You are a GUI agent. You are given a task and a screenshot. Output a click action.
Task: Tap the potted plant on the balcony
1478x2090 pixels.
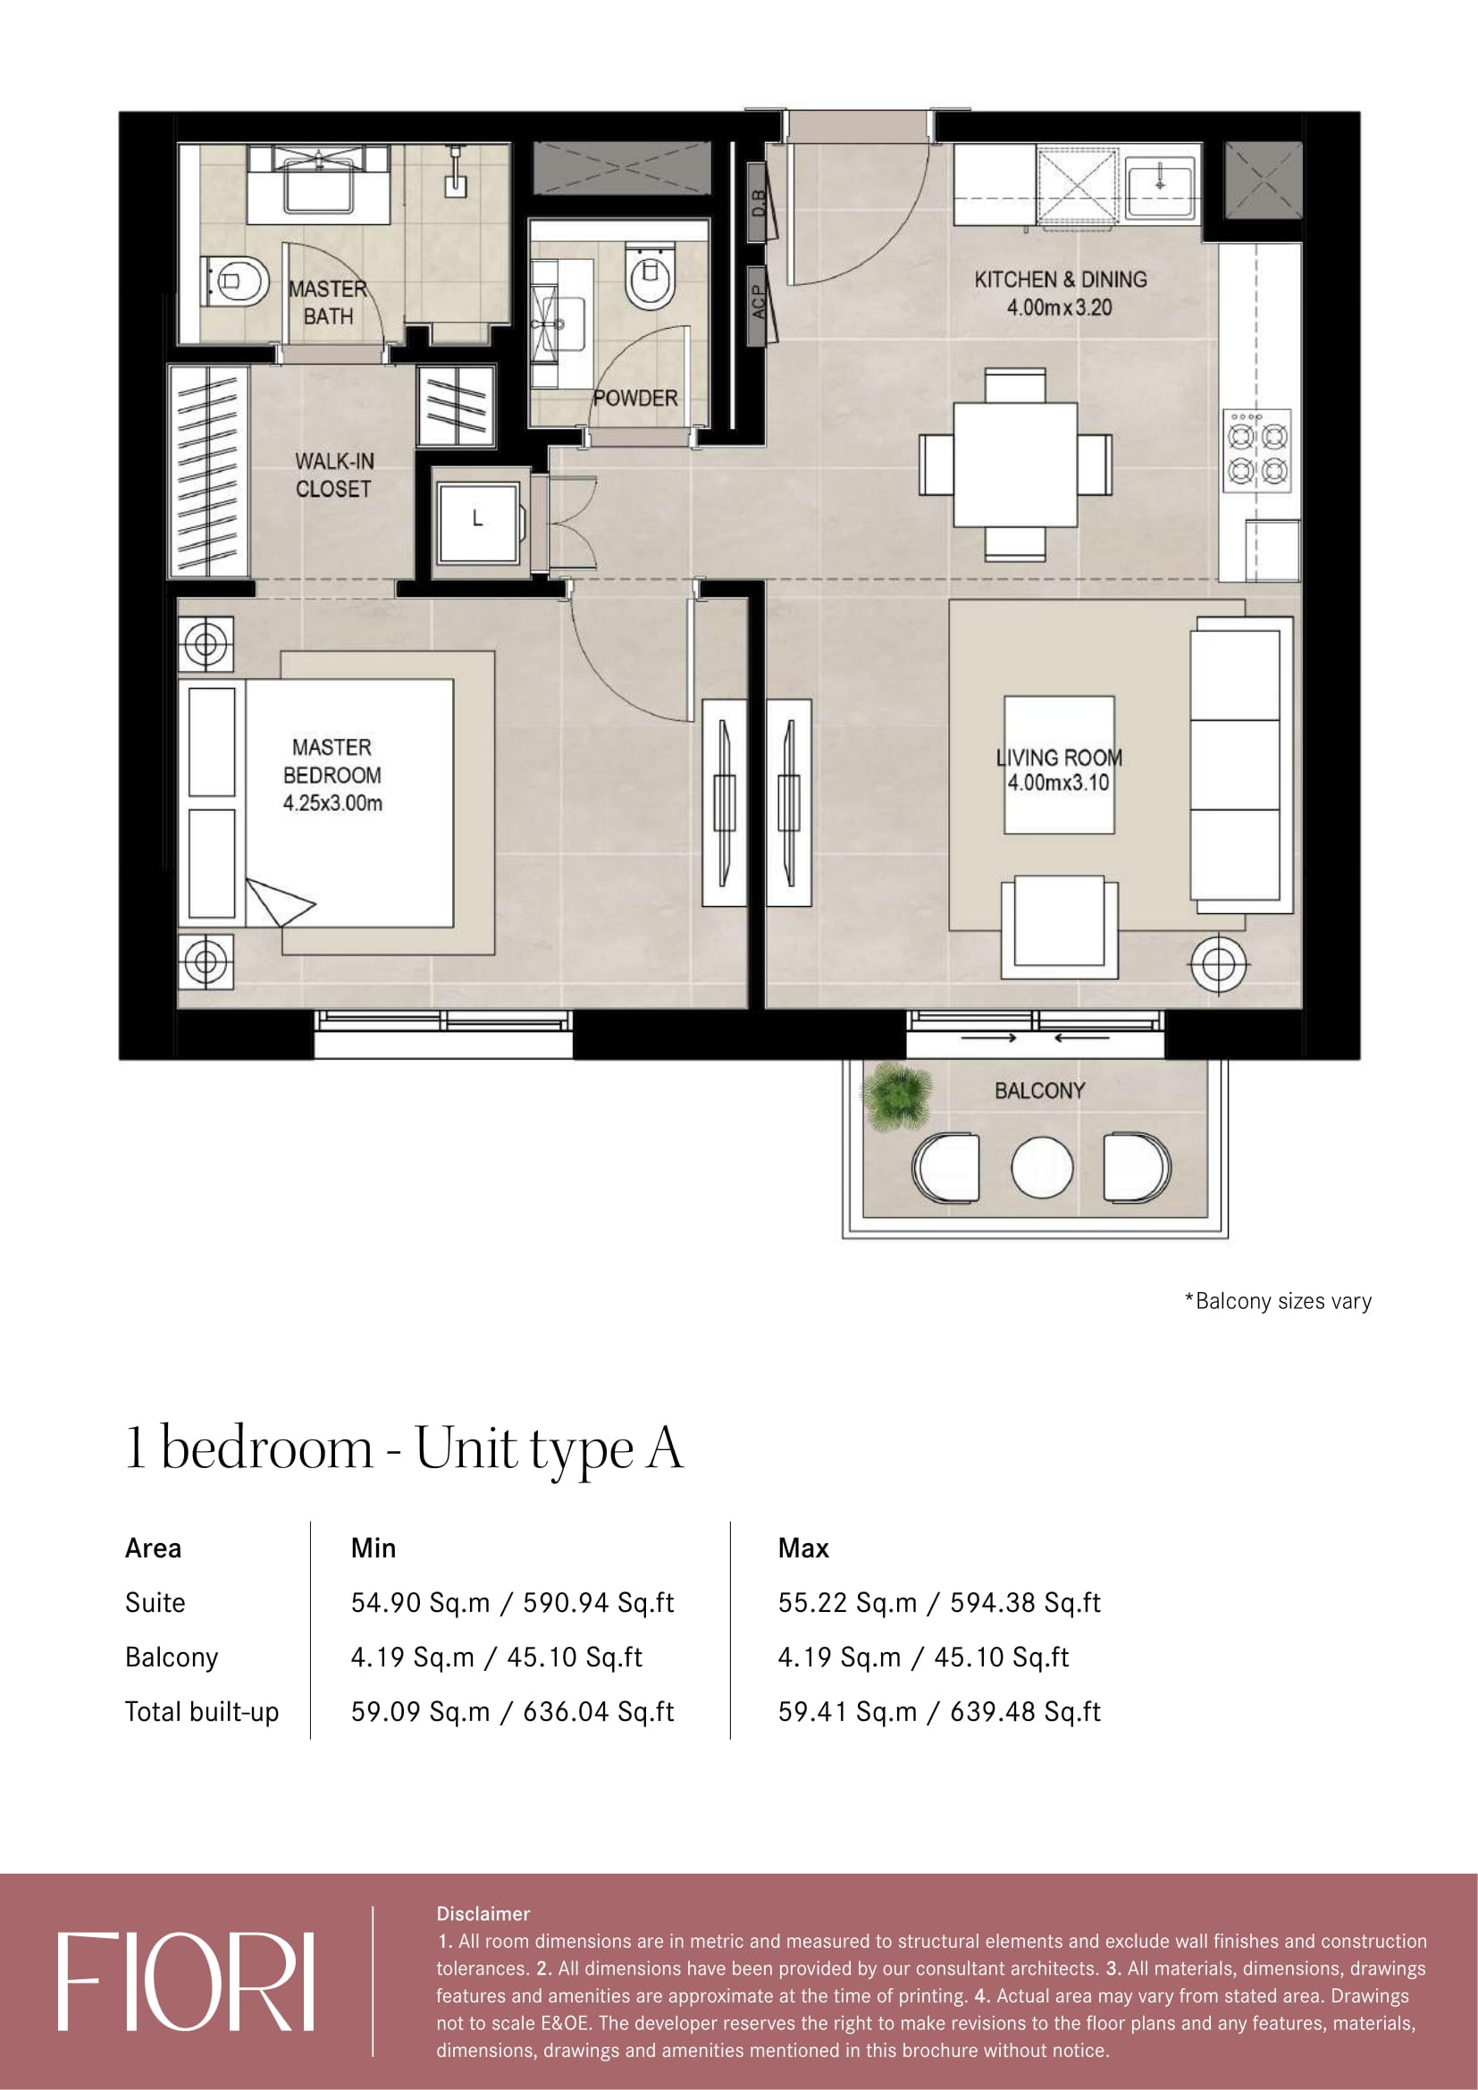tap(897, 1095)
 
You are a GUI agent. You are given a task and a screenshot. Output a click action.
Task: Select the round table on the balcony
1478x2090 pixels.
tap(1042, 1168)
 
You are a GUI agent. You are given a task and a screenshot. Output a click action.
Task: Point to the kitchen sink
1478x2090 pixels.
tap(1160, 186)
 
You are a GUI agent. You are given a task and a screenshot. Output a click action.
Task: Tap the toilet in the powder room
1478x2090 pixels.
tap(650, 275)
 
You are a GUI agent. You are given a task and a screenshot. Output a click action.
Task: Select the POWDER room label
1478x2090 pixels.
tap(635, 398)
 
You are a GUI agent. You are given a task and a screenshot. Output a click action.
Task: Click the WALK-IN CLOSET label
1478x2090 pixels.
tap(334, 475)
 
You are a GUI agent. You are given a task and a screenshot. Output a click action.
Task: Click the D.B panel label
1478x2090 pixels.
tap(757, 202)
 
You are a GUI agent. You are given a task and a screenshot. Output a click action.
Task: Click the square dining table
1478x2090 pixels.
tap(1015, 465)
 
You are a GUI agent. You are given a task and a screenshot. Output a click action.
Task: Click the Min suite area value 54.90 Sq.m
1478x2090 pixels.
tap(421, 1602)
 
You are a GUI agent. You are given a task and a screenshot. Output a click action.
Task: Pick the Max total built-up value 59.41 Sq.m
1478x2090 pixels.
tap(847, 1711)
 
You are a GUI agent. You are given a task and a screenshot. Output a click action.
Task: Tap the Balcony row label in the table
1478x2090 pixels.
tap(172, 1658)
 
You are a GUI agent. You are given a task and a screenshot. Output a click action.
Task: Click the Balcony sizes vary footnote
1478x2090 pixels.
tap(1278, 1301)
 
